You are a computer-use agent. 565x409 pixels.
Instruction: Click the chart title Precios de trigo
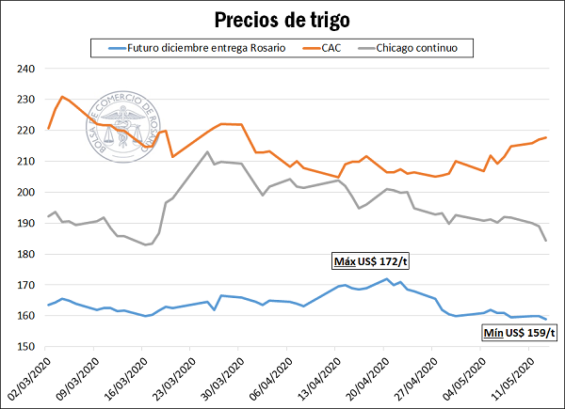tap(282, 19)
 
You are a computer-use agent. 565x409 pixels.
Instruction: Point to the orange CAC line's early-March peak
tap(62, 96)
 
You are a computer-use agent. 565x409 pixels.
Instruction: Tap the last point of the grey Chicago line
tap(546, 241)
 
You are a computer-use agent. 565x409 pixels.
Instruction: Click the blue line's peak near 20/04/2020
tap(386, 279)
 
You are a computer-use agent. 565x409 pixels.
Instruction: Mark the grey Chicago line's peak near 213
tap(207, 151)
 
